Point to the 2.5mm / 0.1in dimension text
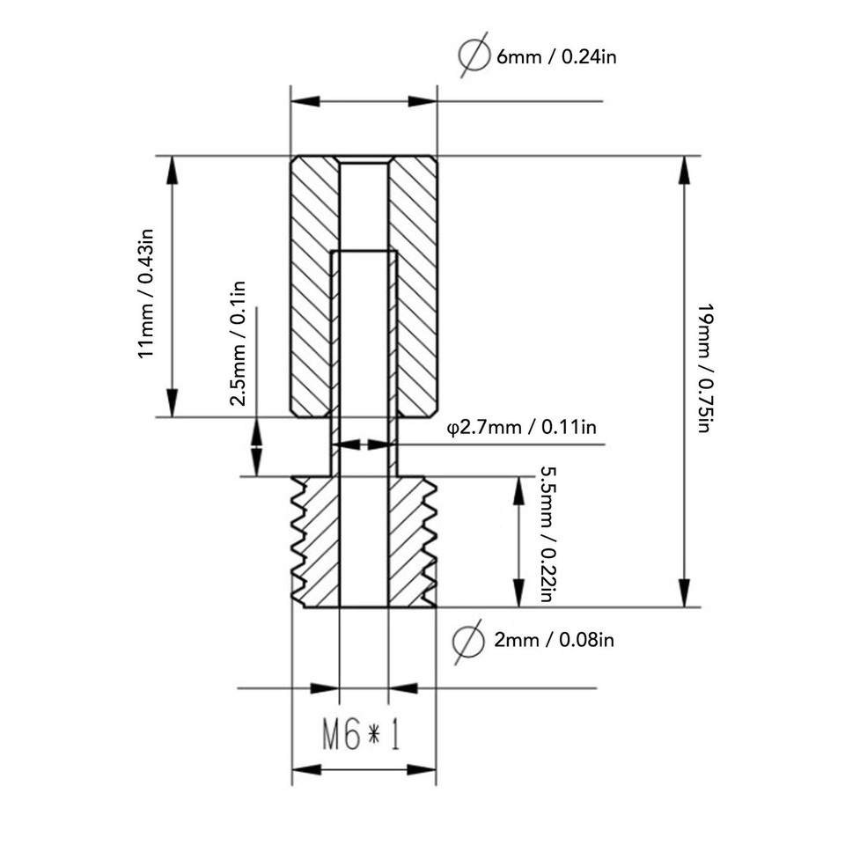pyautogui.click(x=238, y=343)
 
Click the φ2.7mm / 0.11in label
pyautogui.click(x=523, y=428)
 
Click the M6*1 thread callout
pyautogui.click(x=362, y=736)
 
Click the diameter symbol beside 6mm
pyautogui.click(x=474, y=57)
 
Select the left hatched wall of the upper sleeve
pyautogui.click(x=312, y=286)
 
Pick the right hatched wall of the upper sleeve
pyautogui.click(x=414, y=286)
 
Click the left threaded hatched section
pyautogui.click(x=317, y=541)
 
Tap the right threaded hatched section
pyautogui.click(x=408, y=541)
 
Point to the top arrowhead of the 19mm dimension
pyautogui.click(x=684, y=171)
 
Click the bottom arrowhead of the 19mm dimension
pyautogui.click(x=684, y=592)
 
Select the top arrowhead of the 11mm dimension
pyautogui.click(x=173, y=171)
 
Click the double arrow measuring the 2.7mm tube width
pyautogui.click(x=364, y=445)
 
